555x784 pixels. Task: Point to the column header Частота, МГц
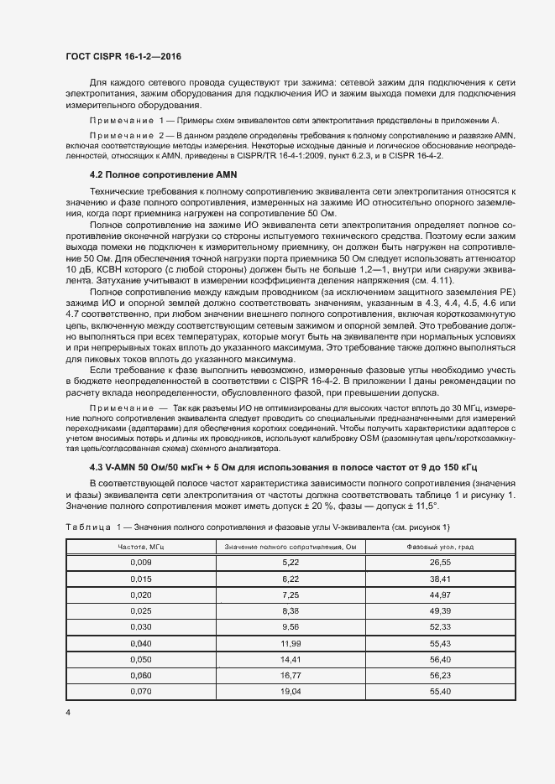coord(142,546)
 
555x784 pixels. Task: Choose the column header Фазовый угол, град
coord(440,546)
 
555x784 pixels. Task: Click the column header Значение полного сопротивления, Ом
coord(291,546)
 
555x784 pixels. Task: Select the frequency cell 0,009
coord(142,561)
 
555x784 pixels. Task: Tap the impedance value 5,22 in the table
coord(291,561)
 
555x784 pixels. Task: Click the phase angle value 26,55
coord(440,561)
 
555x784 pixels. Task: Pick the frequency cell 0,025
coord(142,610)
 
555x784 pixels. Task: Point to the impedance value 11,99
coord(291,642)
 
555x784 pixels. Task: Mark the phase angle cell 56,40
coord(440,658)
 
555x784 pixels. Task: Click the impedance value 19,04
coord(291,691)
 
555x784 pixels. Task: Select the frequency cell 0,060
coord(142,675)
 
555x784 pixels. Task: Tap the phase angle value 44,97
coord(440,594)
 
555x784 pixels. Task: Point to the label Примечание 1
coord(126,122)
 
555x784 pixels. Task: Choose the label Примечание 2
coord(126,135)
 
